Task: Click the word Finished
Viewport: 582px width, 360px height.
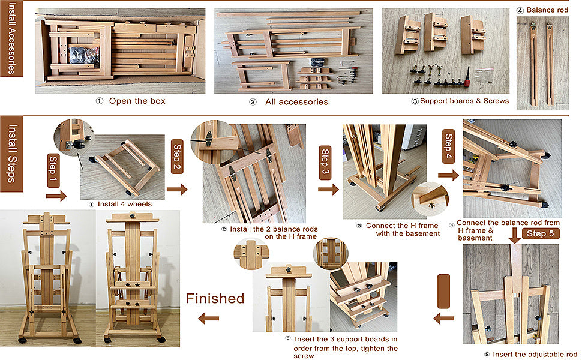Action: pos(215,298)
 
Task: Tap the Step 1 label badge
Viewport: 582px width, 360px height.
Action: pos(53,171)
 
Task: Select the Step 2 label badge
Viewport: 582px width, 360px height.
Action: pos(176,157)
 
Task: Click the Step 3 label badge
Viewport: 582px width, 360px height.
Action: pos(325,163)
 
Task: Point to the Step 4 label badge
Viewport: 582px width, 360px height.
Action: pos(448,146)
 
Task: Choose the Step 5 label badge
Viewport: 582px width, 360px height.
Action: pos(541,233)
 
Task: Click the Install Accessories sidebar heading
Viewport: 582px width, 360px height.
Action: pos(12,38)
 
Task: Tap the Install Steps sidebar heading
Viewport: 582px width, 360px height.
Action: pos(12,154)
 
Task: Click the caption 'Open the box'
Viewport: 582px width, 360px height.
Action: pos(137,101)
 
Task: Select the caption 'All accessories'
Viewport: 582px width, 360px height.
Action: pos(296,102)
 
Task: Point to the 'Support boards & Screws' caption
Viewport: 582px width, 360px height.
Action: pos(464,101)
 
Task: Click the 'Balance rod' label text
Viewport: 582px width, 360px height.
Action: pos(547,10)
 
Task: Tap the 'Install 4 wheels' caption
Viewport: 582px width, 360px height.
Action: pos(125,204)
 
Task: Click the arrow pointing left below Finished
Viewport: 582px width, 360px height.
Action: pos(208,318)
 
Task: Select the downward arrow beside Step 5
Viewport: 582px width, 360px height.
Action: pos(514,235)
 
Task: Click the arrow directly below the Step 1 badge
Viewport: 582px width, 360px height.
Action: pos(56,196)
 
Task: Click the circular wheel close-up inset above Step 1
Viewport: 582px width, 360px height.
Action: pos(74,137)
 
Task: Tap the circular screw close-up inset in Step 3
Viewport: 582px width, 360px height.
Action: pos(430,199)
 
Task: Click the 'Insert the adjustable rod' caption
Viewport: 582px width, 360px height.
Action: pos(535,355)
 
